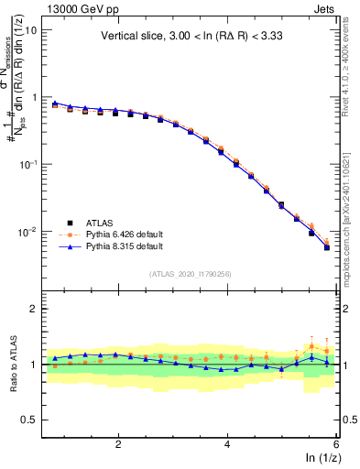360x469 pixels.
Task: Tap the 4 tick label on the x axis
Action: click(x=227, y=444)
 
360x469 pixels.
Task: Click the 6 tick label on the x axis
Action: click(x=336, y=444)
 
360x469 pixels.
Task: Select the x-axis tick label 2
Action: click(x=118, y=444)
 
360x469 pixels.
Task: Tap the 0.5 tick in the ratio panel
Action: click(x=27, y=420)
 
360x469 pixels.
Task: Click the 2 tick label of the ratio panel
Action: click(x=33, y=309)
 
